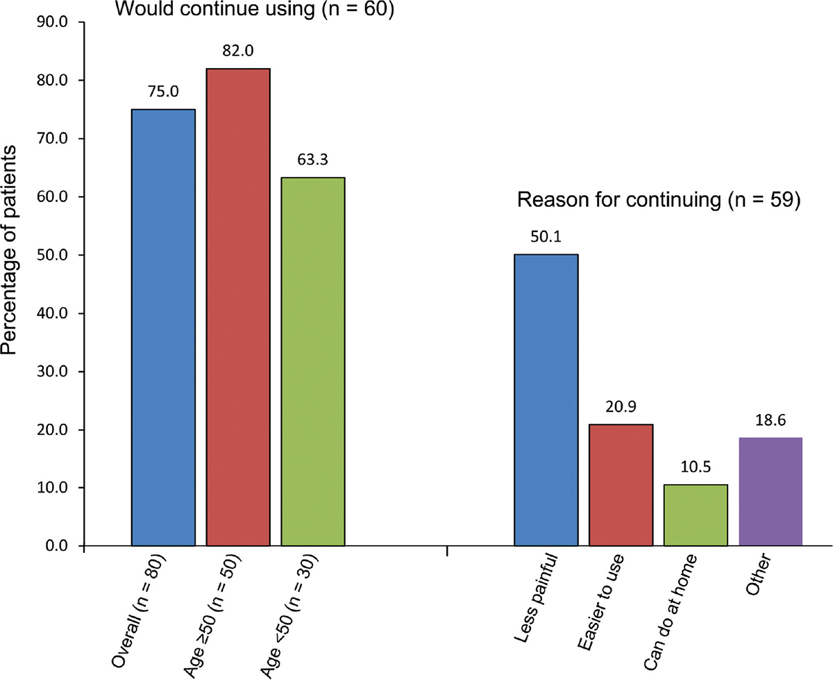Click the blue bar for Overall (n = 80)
(163, 327)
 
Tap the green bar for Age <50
(313, 361)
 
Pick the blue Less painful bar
(546, 400)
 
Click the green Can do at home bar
(696, 515)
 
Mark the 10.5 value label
(696, 470)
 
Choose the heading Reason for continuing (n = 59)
(659, 201)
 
